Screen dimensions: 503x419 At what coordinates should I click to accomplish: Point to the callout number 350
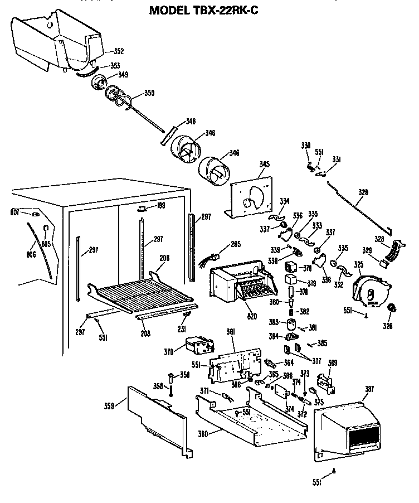click(149, 93)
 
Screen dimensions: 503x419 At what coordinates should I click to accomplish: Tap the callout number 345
click(264, 164)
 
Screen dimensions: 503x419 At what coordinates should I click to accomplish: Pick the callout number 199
click(161, 206)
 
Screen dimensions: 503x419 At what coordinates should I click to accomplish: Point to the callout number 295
click(236, 243)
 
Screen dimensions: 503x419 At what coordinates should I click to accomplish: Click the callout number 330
click(305, 146)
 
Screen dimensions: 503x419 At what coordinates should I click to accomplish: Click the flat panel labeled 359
click(155, 418)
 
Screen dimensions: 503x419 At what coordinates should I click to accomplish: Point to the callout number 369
click(333, 363)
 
